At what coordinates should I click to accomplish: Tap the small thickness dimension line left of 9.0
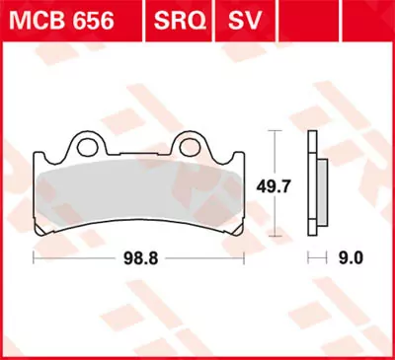click(316, 258)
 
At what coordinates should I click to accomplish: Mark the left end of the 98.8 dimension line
click(35, 258)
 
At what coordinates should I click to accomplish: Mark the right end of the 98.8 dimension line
click(242, 258)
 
